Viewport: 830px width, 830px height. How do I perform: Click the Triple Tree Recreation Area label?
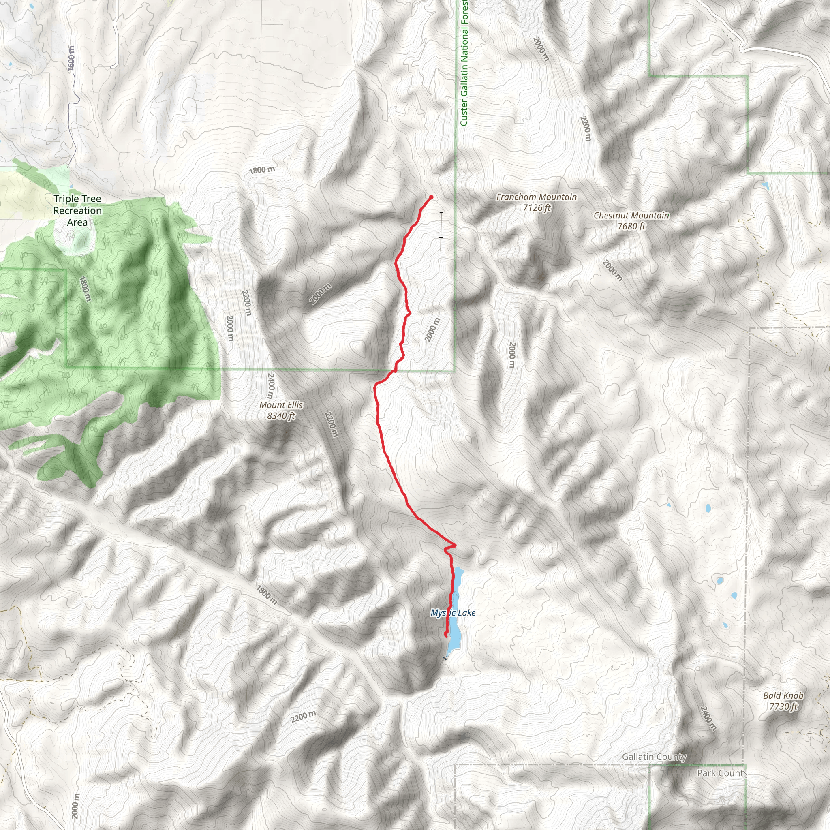coord(77,210)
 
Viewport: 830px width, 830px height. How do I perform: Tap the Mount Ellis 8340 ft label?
coord(281,410)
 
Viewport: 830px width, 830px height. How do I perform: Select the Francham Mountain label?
coord(536,202)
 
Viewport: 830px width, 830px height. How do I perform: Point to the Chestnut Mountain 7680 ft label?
coord(631,221)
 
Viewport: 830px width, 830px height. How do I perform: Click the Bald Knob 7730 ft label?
coord(783,701)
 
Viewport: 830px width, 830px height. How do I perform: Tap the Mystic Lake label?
coord(453,613)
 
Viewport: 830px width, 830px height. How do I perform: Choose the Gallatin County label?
coord(654,757)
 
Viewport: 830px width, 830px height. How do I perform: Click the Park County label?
coord(722,773)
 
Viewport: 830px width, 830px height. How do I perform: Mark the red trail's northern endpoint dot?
coord(431,197)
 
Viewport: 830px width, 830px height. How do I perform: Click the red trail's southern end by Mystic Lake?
coord(445,635)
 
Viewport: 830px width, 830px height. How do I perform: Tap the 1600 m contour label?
coord(71,58)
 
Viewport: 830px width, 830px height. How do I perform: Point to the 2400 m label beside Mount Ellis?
coord(270,386)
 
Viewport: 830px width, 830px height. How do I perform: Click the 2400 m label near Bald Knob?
coord(708,718)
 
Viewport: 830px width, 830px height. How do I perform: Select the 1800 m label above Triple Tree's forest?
coord(262,170)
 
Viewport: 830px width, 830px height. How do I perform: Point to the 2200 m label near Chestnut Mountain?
coord(586,128)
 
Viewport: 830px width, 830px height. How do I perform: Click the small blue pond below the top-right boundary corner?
coord(765,186)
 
